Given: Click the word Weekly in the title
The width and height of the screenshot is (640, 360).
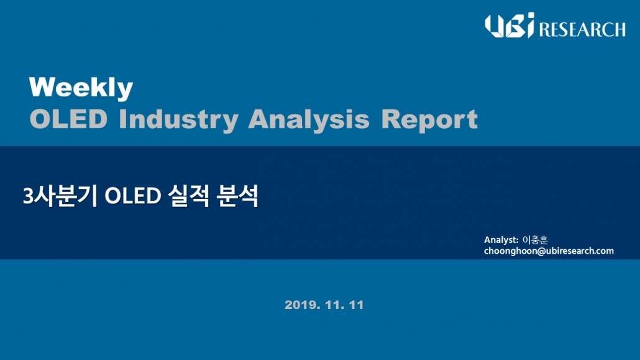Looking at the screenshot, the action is click(81, 88).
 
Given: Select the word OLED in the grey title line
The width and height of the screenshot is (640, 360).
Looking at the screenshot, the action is click(68, 119).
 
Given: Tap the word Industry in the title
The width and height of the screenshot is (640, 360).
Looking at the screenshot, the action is click(178, 120).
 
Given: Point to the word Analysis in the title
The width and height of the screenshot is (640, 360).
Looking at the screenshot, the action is click(309, 120).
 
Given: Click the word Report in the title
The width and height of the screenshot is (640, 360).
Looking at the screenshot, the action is click(429, 120).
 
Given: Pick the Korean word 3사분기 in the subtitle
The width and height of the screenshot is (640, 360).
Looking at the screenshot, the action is click(60, 196).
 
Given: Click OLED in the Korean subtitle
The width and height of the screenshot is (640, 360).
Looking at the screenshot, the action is click(132, 196).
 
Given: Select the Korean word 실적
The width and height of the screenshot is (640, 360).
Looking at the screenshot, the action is click(188, 196).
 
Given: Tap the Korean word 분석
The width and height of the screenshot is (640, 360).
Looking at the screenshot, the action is click(237, 196).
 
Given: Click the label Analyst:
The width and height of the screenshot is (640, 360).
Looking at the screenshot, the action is click(501, 240).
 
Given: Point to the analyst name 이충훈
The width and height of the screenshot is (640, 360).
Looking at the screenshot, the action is click(535, 240).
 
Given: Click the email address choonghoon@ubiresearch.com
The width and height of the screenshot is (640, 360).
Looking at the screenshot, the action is click(549, 251).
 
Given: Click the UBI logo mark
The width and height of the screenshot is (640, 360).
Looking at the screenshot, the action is click(510, 25).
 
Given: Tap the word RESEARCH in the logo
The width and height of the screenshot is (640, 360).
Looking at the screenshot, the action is click(582, 30).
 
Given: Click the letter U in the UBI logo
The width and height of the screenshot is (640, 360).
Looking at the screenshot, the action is click(494, 26).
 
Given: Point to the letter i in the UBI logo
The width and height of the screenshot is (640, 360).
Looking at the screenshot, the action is click(529, 25).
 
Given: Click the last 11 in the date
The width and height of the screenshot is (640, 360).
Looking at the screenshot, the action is click(356, 305).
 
